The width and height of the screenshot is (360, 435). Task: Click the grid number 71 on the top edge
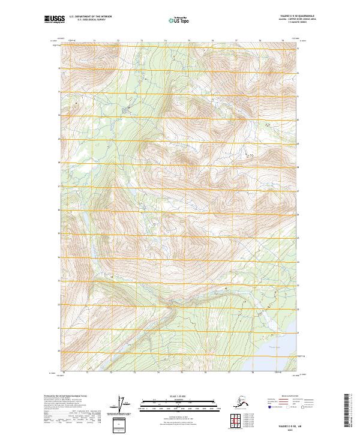[95, 40]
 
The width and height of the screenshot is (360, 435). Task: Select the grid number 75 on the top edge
[189, 40]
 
